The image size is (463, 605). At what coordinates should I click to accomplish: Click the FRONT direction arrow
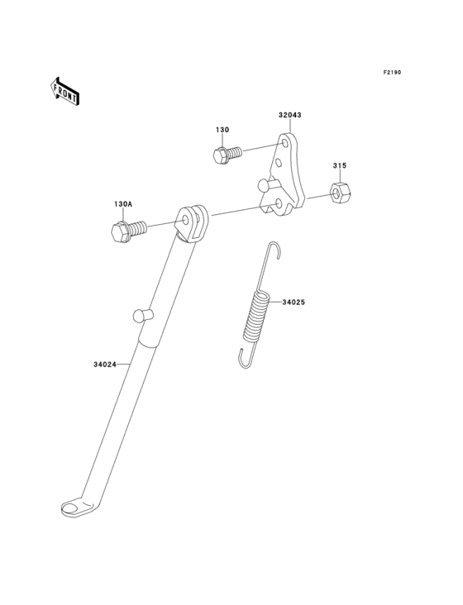pos(64,91)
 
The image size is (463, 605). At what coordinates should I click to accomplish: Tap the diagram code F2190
pos(392,72)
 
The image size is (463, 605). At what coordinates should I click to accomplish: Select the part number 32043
pos(289,115)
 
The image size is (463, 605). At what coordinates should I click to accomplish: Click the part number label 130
pos(222,130)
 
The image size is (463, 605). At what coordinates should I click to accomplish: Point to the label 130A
pos(123,203)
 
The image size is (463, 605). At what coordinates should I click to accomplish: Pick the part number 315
pos(340,165)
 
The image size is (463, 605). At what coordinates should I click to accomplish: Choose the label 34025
pos(294,302)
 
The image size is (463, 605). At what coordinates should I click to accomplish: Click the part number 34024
pos(104,364)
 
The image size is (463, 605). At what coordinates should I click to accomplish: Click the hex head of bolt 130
pos(220,155)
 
